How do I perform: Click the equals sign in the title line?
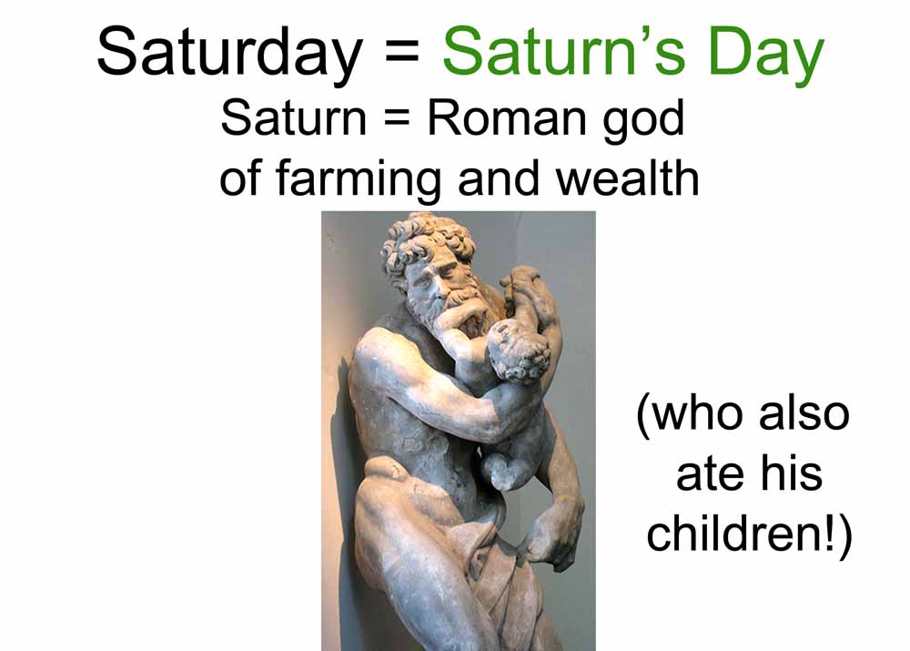[x=401, y=56]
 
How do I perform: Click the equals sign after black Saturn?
[x=398, y=119]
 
